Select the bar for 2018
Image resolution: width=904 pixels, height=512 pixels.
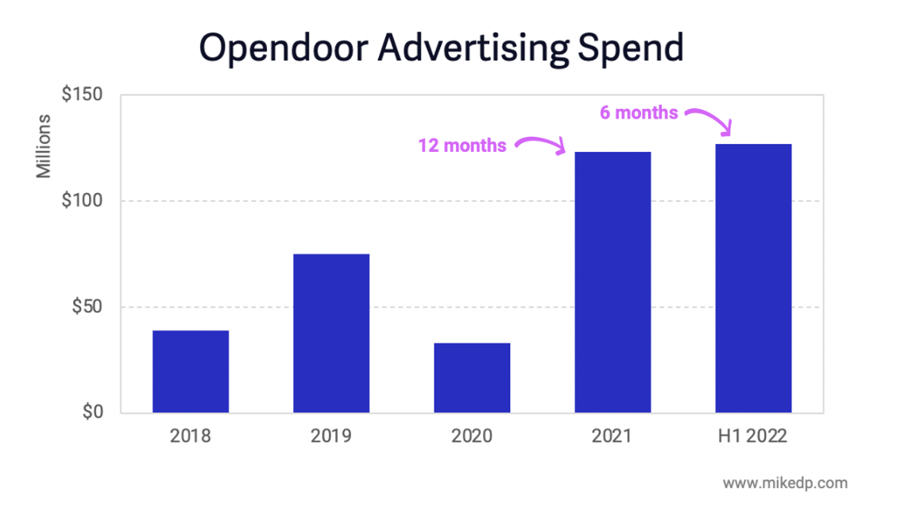pyautogui.click(x=191, y=371)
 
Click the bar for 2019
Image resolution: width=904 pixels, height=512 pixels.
pyautogui.click(x=331, y=333)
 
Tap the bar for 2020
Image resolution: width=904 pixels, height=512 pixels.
pyautogui.click(x=472, y=378)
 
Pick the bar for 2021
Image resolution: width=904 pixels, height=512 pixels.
pyautogui.click(x=612, y=282)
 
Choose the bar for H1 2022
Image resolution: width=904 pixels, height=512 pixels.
pyautogui.click(x=753, y=278)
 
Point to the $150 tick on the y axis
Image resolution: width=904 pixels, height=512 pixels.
pyautogui.click(x=82, y=95)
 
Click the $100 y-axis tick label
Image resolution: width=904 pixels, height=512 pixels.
pyautogui.click(x=82, y=201)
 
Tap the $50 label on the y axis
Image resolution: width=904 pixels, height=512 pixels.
pyautogui.click(x=87, y=307)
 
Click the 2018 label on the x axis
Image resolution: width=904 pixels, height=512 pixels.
pyautogui.click(x=191, y=436)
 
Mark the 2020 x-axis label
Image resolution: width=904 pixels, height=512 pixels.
pyautogui.click(x=472, y=436)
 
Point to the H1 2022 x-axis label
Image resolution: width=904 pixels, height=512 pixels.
pyautogui.click(x=753, y=436)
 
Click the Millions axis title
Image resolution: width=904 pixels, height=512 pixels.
pyautogui.click(x=44, y=146)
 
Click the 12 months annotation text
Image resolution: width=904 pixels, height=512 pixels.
pyautogui.click(x=462, y=145)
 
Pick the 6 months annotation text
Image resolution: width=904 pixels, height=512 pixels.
pyautogui.click(x=639, y=113)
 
